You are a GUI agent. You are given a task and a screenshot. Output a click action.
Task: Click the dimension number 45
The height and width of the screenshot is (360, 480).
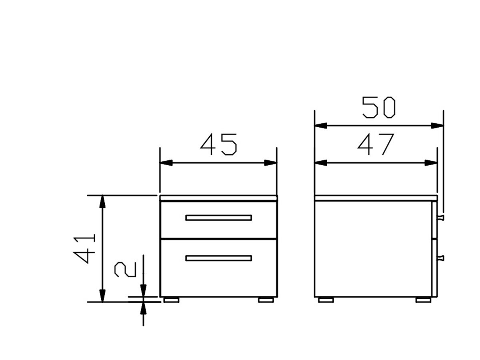[218, 144]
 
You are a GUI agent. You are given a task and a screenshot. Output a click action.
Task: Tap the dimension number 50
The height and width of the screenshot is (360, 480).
[378, 107]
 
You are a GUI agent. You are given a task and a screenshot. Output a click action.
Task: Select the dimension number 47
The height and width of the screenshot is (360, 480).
[376, 144]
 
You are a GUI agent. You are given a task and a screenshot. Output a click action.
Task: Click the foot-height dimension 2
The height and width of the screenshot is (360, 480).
[125, 270]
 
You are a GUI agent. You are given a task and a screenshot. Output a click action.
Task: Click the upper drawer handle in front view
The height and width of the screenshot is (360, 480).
[218, 218]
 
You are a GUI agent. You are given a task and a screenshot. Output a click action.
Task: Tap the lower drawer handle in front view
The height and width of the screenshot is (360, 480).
[218, 258]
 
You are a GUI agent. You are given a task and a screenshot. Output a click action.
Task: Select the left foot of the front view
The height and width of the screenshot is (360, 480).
[172, 300]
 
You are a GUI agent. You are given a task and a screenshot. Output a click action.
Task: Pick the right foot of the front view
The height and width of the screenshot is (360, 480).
[266, 300]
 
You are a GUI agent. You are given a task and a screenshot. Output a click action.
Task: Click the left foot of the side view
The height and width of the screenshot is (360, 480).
[326, 300]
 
